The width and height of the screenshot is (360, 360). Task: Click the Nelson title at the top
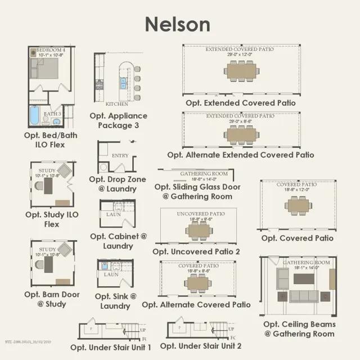[x=178, y=24]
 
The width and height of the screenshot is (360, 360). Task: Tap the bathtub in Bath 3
[x=34, y=116]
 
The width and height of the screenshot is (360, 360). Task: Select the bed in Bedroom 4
[x=45, y=68]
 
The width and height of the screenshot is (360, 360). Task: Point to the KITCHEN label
[x=116, y=104]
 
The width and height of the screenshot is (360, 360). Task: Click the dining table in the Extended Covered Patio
[x=240, y=70]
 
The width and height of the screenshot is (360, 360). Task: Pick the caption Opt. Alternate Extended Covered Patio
[x=240, y=155]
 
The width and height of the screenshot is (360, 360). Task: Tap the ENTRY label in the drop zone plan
[x=120, y=156]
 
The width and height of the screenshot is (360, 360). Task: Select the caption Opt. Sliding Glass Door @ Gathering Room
[x=197, y=191]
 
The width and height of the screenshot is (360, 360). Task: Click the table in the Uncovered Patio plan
[x=199, y=230]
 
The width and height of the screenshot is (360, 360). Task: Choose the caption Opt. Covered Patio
[x=297, y=238]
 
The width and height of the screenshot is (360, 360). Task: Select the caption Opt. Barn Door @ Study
[x=52, y=299]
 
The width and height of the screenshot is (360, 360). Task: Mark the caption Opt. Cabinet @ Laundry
[x=118, y=241]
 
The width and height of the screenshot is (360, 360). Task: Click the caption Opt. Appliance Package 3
[x=118, y=120]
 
